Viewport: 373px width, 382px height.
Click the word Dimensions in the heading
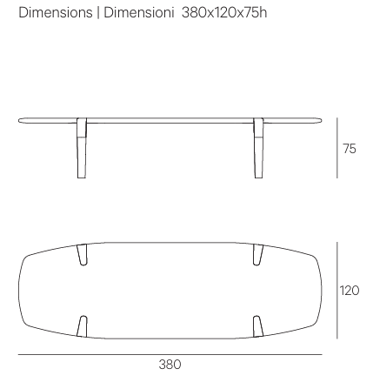56,13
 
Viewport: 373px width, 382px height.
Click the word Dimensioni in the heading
139,13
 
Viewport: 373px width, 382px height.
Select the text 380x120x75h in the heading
224,13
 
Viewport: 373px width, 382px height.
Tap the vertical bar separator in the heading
98,13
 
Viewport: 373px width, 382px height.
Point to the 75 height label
350,149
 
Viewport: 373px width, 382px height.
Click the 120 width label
350,291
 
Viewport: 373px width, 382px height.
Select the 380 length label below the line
170,365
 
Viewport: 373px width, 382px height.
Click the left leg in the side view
82,148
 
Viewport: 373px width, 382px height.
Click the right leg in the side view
258,148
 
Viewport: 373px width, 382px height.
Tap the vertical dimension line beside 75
337,148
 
